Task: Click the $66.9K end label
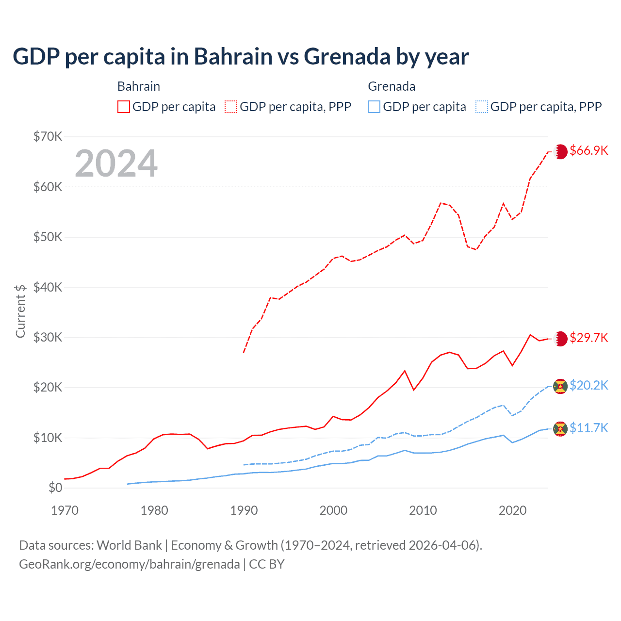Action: (588, 151)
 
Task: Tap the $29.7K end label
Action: (588, 338)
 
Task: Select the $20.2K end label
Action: (588, 385)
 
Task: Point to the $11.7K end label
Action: (588, 428)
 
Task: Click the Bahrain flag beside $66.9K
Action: (561, 151)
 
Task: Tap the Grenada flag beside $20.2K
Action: (560, 386)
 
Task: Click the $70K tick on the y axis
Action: (48, 136)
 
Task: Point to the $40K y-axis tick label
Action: (48, 287)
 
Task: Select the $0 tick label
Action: (55, 488)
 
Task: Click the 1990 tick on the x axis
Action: (244, 510)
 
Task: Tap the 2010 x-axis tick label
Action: (423, 510)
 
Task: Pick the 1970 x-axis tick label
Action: (65, 510)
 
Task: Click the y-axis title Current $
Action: (20, 311)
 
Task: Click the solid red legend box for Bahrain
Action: (124, 107)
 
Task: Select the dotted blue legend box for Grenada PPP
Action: (482, 107)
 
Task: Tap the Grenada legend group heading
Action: (392, 86)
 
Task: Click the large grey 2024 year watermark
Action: (116, 163)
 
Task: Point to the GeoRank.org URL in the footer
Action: (129, 564)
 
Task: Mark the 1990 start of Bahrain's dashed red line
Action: (244, 352)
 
